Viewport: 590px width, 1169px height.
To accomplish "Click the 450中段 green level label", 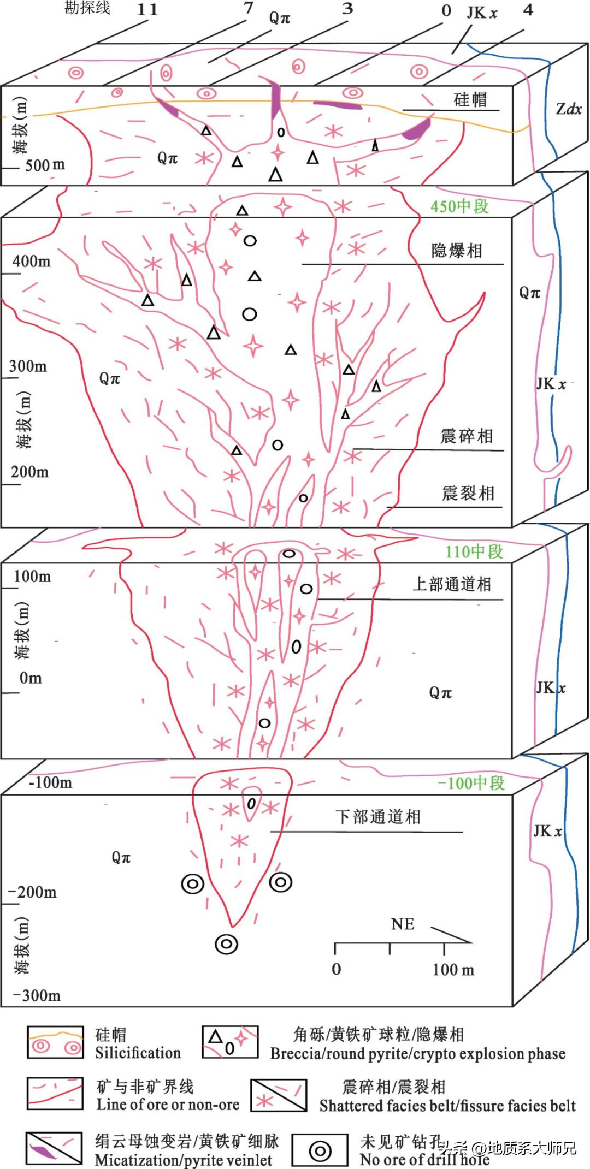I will coord(459,206).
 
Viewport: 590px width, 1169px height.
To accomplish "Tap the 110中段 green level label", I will coord(474,551).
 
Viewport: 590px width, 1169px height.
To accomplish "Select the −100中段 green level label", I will coord(471,783).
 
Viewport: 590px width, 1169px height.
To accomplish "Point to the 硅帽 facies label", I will coord(470,99).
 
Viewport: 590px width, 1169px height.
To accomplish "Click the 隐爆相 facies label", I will coord(457,251).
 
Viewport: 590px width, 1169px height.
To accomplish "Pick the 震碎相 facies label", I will coord(467,436).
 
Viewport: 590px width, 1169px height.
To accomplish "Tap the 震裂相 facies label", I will coord(468,494).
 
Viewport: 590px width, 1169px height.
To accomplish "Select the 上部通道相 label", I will coord(452,584).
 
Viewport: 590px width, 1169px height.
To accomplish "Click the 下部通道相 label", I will coord(378,817).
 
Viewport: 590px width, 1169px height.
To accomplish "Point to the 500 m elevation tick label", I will coord(45,164).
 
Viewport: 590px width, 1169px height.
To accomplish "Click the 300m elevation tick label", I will coord(28,366).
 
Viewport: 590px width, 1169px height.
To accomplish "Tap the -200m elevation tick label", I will coord(33,892).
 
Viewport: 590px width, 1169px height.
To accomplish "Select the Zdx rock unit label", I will coord(569,109).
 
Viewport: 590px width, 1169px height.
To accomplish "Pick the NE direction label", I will coord(403,924).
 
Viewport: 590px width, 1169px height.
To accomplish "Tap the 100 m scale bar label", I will coord(453,970).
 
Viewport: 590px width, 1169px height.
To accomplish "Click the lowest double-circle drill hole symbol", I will coord(226,943).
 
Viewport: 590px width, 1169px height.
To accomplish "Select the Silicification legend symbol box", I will coord(55,1042).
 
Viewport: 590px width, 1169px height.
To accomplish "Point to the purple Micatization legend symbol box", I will coord(54,1148).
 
